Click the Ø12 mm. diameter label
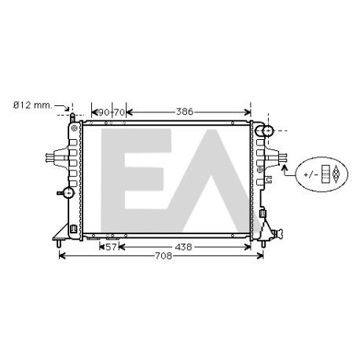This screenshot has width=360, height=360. (33, 105)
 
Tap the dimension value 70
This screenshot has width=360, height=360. (119, 112)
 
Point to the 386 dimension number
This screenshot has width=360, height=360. (185, 112)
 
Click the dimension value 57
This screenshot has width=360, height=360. (111, 247)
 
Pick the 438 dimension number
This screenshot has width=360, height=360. (183, 247)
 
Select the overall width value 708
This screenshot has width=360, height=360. (163, 255)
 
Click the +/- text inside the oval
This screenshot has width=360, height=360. (311, 174)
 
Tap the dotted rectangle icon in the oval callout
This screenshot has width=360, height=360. (325, 174)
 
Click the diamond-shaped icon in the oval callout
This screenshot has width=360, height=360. (336, 174)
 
